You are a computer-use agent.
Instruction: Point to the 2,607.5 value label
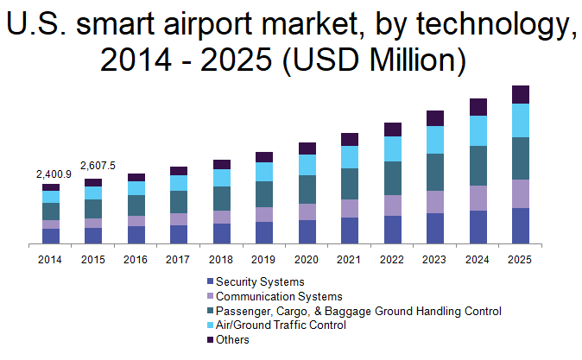pyautogui.click(x=98, y=166)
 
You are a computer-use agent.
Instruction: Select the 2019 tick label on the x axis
pyautogui.click(x=264, y=259)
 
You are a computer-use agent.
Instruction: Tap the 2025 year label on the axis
pyautogui.click(x=521, y=259)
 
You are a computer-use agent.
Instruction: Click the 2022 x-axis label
pyautogui.click(x=393, y=259)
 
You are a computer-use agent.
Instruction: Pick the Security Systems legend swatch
pyautogui.click(x=209, y=281)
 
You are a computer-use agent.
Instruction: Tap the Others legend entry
pyautogui.click(x=232, y=339)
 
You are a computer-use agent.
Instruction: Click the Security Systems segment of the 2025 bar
pyautogui.click(x=521, y=226)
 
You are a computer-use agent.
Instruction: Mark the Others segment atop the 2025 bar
pyautogui.click(x=521, y=94)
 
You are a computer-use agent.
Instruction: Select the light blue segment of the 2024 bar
pyautogui.click(x=478, y=130)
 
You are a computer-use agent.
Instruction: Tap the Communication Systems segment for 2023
pyautogui.click(x=435, y=202)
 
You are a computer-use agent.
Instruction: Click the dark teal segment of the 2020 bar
pyautogui.click(x=307, y=189)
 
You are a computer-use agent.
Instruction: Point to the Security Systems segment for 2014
pyautogui.click(x=51, y=237)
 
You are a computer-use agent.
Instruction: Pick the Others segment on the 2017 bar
pyautogui.click(x=179, y=171)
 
